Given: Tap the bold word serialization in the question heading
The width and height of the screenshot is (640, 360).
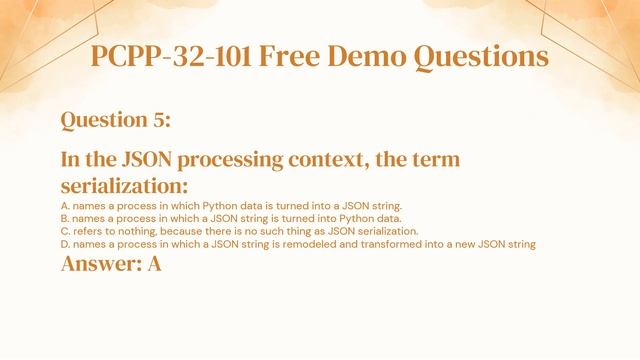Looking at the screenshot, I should pyautogui.click(x=124, y=186).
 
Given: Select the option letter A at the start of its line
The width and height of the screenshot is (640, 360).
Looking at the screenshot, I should pyautogui.click(x=65, y=205).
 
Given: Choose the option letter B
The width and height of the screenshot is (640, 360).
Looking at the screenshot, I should pyautogui.click(x=65, y=218).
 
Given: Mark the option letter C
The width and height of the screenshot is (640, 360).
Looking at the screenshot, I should pyautogui.click(x=65, y=231).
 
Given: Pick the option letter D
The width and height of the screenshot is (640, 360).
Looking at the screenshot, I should pyautogui.click(x=65, y=244).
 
